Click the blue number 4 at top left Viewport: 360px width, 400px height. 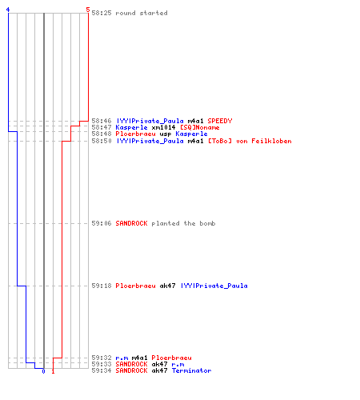point(8,10)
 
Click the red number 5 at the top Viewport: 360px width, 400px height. point(88,10)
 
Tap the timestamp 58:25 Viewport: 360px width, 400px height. point(102,13)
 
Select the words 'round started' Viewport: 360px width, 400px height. point(142,13)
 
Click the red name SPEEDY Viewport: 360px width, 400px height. point(220,121)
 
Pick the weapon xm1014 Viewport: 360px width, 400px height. point(163,127)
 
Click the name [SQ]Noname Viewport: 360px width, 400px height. point(200,127)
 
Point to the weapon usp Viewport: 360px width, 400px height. point(166,134)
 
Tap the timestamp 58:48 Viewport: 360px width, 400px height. point(102,134)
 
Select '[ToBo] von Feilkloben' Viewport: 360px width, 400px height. point(250,141)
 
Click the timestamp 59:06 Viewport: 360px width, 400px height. point(102,223)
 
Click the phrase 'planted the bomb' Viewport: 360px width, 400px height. point(183,223)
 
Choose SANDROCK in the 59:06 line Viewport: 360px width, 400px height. point(131,223)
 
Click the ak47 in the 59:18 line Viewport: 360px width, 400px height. point(167,286)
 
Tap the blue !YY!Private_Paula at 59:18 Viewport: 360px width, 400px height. point(214,286)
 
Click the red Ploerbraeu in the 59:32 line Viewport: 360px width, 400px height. point(171,358)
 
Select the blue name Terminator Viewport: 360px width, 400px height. point(191,370)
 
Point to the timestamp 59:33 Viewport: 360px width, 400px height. point(102,364)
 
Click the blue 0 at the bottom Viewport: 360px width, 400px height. point(43,371)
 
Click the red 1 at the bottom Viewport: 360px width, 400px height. point(53,371)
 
